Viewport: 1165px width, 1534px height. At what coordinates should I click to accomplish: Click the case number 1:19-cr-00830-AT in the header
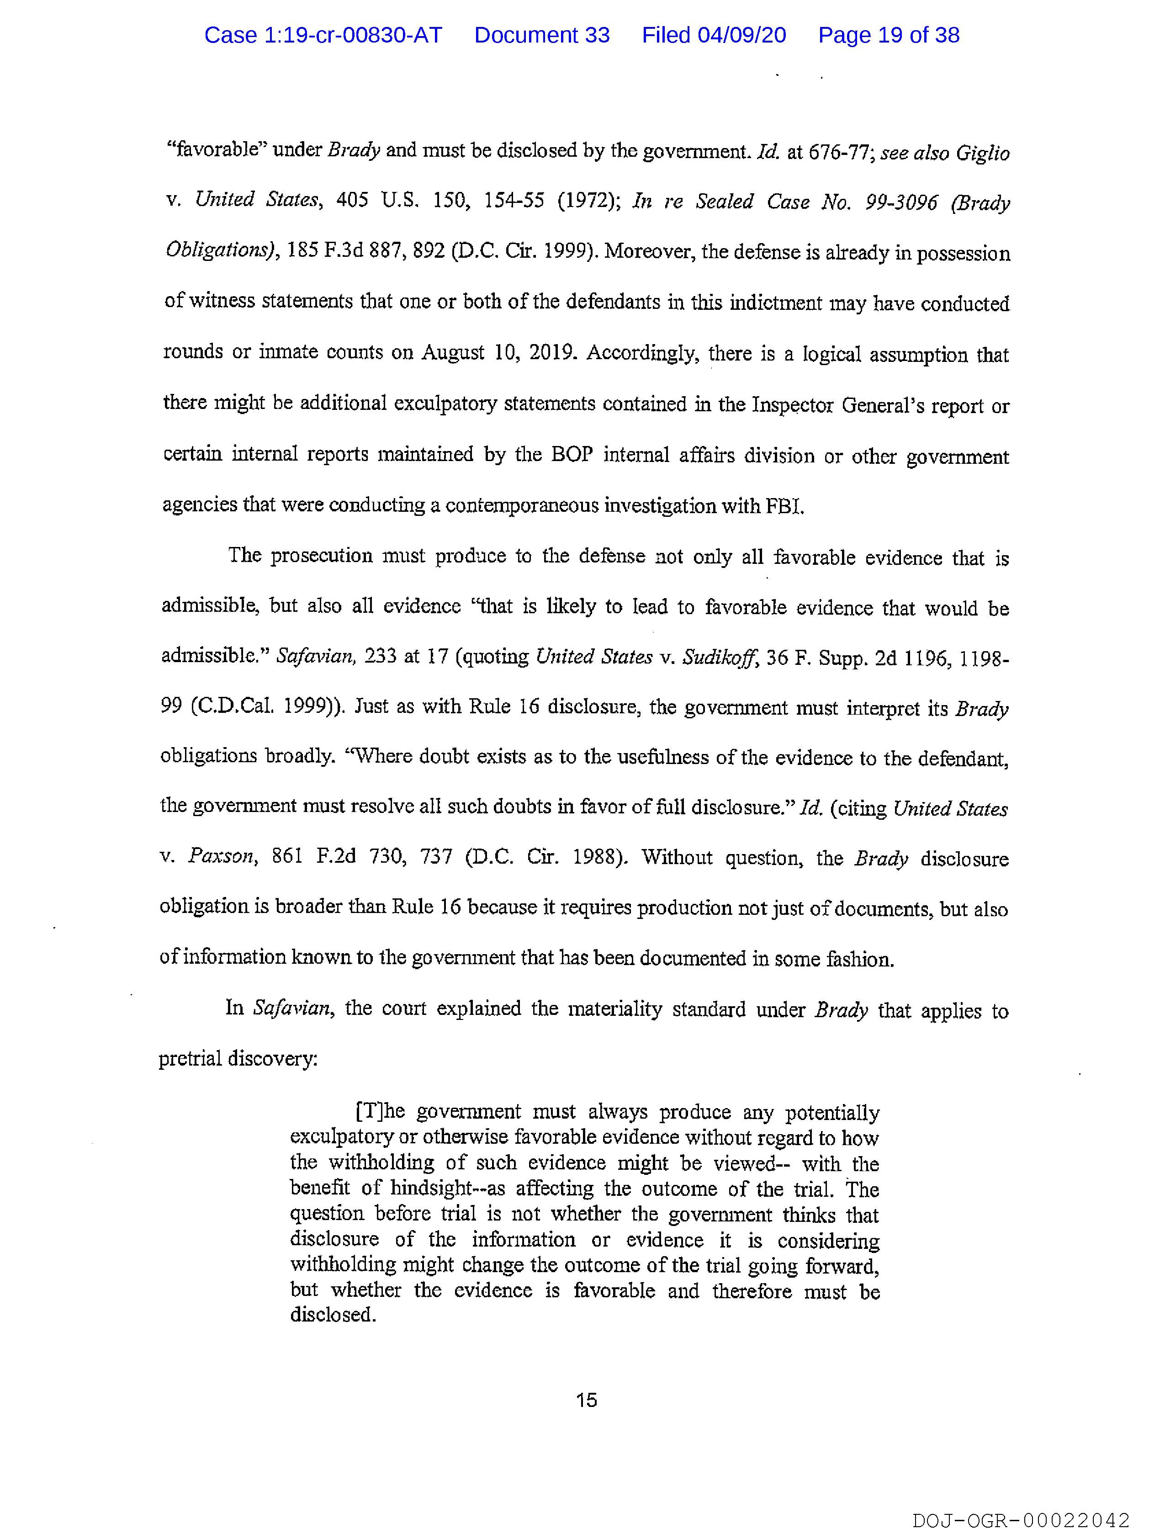[323, 35]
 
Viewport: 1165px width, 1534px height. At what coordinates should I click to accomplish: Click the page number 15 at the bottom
[586, 1400]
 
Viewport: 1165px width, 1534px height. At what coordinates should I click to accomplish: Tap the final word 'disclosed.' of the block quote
[333, 1314]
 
